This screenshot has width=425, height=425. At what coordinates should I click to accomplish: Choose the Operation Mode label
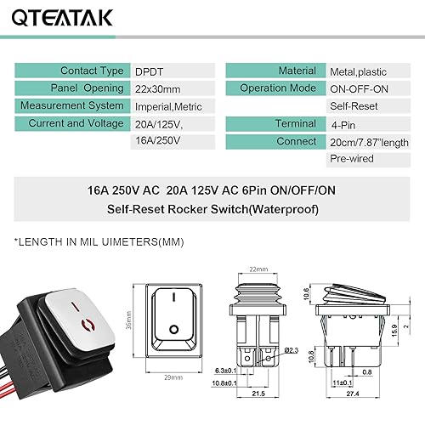tap(275, 88)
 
